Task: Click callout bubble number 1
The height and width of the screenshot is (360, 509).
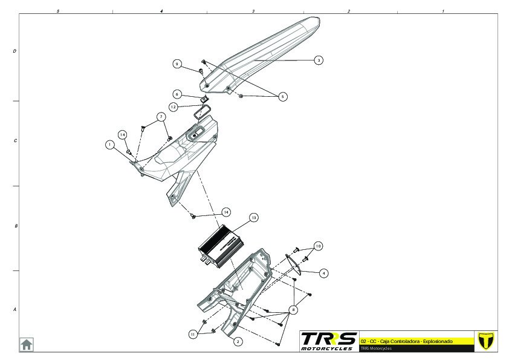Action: click(109, 145)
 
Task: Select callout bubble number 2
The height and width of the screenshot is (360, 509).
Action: click(238, 342)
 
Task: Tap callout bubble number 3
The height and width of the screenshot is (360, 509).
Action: click(319, 60)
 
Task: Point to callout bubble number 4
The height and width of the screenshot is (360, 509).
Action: click(324, 273)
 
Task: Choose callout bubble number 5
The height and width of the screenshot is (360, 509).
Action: click(284, 96)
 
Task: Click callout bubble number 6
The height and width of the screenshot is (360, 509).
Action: click(177, 94)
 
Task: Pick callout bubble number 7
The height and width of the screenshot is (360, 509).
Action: click(161, 116)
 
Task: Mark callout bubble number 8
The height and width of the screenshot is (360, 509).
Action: click(294, 309)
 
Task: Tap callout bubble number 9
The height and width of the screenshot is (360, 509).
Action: click(177, 64)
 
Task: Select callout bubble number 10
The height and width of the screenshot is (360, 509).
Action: click(318, 246)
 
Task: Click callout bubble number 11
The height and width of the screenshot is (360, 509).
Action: click(193, 333)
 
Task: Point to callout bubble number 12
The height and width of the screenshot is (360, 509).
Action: click(173, 106)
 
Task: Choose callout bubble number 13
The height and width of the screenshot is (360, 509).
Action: click(254, 217)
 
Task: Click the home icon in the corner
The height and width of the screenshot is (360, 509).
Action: click(27, 344)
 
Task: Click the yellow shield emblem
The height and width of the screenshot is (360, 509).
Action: click(485, 341)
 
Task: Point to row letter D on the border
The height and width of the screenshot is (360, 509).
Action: click(15, 51)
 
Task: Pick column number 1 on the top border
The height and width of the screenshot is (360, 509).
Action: click(443, 11)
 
